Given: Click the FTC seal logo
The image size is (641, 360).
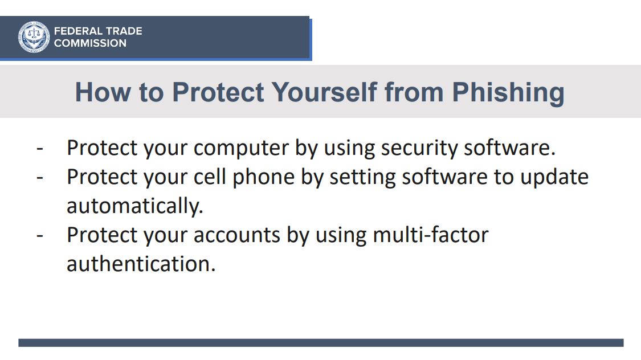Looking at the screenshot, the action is tap(34, 37).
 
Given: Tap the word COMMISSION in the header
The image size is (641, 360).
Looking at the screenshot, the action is tap(91, 43).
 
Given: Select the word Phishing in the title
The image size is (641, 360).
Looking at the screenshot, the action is tap(508, 93).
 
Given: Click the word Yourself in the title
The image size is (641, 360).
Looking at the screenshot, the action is tap(324, 92).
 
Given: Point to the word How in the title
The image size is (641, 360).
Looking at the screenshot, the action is tap(103, 92).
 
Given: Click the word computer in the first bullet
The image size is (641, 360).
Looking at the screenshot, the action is tap(241, 148).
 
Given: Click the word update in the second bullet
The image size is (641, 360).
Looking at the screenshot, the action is tap(554, 177).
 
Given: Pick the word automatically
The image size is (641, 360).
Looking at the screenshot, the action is tap(135, 206).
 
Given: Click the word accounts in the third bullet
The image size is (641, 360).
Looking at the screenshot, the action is tap(236, 235).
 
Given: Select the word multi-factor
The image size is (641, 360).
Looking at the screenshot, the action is tap(431, 235).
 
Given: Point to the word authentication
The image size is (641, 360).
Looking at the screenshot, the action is tap(141, 264).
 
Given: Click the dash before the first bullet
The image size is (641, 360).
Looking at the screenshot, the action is tap(40, 148).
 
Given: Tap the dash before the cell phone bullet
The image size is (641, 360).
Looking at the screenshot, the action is tap(40, 177).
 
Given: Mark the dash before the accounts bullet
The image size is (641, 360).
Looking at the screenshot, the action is tap(40, 236).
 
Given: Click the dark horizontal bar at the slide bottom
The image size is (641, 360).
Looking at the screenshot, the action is tap(321, 343).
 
